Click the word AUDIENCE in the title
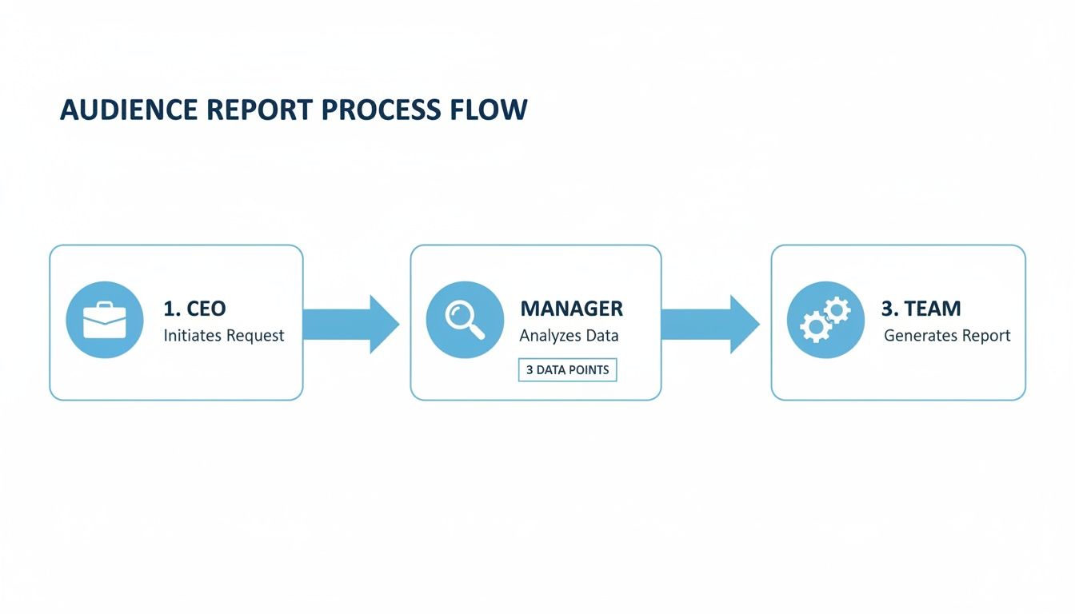128,110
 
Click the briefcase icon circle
104,320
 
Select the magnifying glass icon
465,320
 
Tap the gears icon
825,320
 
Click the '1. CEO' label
194,309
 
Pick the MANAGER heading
571,309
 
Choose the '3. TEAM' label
921,309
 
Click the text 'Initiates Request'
224,336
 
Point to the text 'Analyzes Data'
569,336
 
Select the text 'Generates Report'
947,336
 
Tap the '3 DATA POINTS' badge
568,370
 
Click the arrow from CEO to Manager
352,324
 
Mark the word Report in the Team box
985,336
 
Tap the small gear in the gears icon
837,309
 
